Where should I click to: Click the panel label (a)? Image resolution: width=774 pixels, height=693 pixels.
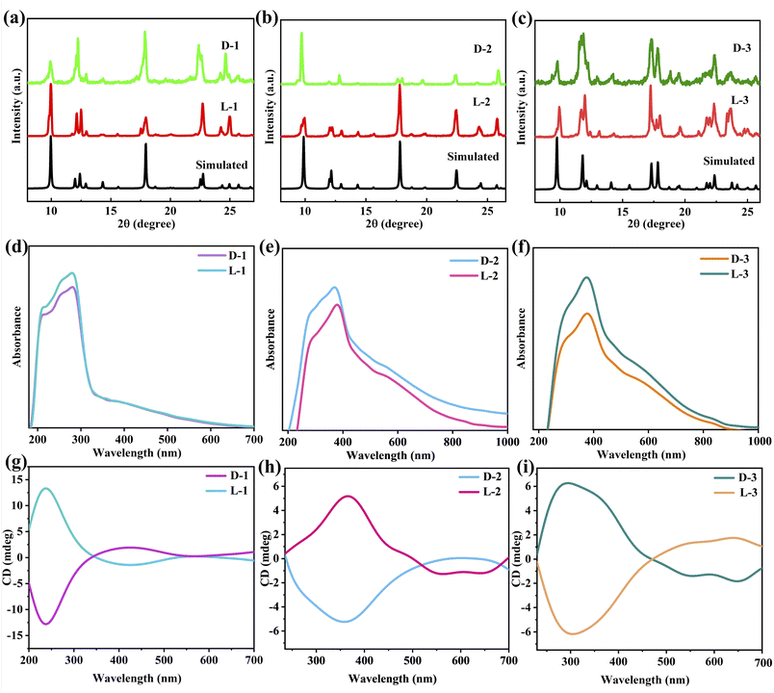pos(14,13)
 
